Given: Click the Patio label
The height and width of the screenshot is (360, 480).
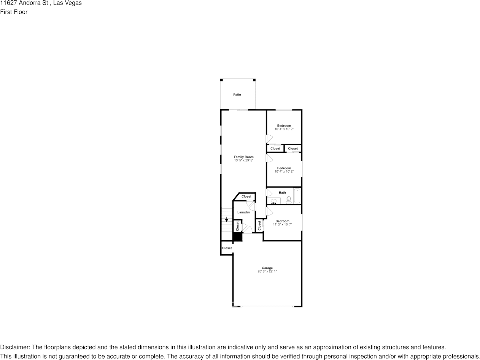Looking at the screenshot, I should [237, 95].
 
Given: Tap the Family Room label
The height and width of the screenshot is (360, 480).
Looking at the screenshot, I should [243, 157].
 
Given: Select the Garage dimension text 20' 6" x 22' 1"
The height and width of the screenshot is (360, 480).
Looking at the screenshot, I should [267, 271].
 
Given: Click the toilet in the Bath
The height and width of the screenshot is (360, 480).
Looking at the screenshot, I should [289, 200].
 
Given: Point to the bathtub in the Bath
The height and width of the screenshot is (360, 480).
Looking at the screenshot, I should [297, 196].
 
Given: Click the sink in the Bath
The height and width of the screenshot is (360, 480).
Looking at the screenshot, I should [273, 201].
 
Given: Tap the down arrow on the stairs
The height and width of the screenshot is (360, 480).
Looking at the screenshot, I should [227, 219].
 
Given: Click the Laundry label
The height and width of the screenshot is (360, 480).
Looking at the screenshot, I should [243, 212].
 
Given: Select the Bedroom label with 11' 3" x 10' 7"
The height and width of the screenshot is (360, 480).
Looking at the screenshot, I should [282, 221].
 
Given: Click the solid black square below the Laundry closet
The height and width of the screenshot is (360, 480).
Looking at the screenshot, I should [237, 237].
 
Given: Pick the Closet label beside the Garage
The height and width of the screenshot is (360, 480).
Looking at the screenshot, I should [227, 248].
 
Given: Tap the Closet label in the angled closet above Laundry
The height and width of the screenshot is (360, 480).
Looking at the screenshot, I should [246, 197].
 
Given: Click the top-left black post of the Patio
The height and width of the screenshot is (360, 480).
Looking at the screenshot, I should [222, 80].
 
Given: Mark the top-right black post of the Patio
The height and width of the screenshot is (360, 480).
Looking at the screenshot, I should [254, 80].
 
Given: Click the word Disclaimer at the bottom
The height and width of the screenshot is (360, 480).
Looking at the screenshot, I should [14, 347].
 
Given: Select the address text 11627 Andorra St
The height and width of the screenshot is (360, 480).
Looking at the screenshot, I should [24, 3].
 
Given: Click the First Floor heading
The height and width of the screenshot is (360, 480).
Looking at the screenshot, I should [14, 12].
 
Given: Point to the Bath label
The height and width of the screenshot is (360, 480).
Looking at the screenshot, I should [282, 193].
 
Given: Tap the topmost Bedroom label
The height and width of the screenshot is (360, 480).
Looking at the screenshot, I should [284, 126].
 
